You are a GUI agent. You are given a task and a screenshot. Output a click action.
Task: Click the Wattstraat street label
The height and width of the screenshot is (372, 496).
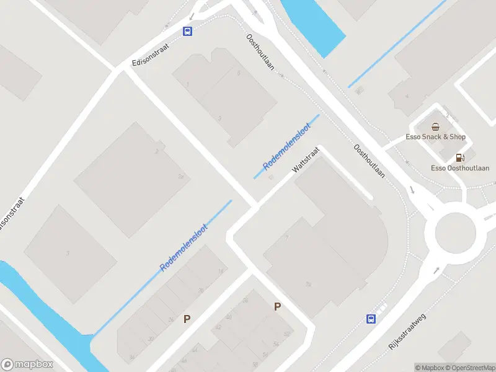click(306, 161)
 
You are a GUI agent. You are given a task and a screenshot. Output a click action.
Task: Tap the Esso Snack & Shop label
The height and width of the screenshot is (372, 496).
click(435, 137)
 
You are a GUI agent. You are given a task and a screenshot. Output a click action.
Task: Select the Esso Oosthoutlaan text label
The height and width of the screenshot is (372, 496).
click(460, 168)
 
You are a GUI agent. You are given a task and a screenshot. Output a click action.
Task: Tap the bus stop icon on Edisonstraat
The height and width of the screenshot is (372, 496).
click(187, 31)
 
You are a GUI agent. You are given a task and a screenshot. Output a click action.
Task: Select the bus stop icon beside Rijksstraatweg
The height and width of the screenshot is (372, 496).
click(371, 319)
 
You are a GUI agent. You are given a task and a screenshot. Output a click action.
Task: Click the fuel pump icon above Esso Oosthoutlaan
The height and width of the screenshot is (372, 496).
click(459, 157)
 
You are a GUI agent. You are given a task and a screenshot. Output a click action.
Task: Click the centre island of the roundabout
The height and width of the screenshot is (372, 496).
click(455, 233)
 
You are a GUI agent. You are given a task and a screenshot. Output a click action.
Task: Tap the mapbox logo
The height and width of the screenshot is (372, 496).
click(27, 365)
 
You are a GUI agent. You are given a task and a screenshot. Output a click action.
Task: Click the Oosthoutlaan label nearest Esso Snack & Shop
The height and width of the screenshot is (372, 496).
click(369, 161)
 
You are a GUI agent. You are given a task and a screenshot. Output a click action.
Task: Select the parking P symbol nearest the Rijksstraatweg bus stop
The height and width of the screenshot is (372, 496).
click(278, 306)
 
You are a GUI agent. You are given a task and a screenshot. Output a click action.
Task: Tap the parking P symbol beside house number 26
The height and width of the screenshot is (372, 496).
click(186, 319)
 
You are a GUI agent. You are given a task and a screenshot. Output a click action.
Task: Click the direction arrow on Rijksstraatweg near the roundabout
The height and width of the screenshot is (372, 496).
click(436, 270)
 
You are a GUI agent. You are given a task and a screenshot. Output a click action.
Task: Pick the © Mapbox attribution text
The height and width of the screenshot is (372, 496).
click(430, 368)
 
